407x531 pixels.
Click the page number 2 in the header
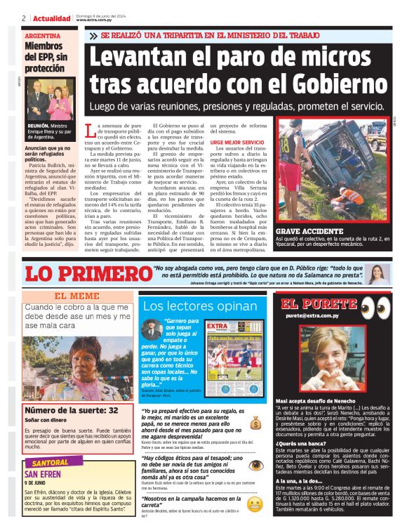[24, 18]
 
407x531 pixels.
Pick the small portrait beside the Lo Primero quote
[375, 273]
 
